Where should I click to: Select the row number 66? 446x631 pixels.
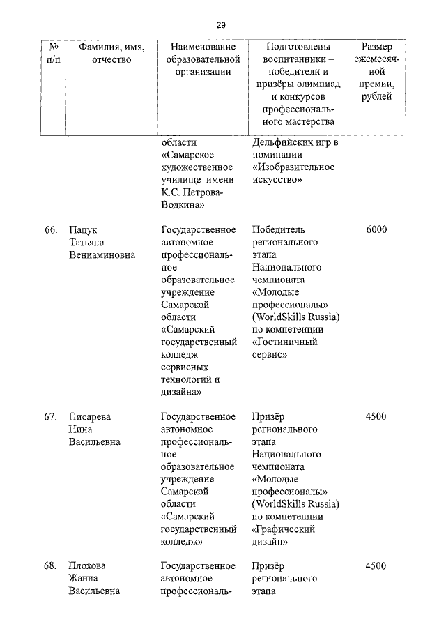point(50,229)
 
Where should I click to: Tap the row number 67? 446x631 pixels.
point(50,417)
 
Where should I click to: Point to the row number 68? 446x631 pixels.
point(50,566)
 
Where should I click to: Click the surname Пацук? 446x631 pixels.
point(83,229)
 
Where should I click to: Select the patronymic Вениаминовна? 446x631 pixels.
point(102,254)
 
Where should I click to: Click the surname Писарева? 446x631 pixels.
point(90,417)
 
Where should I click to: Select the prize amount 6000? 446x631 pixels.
point(376,229)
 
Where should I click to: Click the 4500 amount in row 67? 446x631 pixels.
point(376,417)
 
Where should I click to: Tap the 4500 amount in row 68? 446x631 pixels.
point(376,566)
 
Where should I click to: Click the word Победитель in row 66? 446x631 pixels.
point(279,229)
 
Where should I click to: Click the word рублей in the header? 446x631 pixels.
point(376,97)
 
